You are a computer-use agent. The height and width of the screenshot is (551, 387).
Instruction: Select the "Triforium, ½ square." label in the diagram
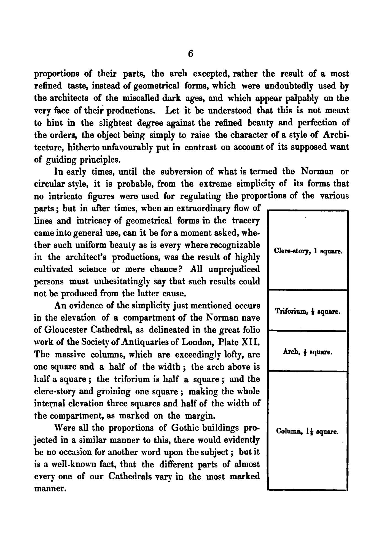click(x=308, y=311)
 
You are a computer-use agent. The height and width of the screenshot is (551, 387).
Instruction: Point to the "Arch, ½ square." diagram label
click(x=307, y=352)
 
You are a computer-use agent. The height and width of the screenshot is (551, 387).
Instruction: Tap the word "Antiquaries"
click(x=135, y=342)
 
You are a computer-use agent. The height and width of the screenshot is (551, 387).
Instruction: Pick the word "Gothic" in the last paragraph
click(x=187, y=428)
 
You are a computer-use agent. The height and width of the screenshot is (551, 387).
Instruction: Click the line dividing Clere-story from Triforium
click(x=307, y=290)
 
